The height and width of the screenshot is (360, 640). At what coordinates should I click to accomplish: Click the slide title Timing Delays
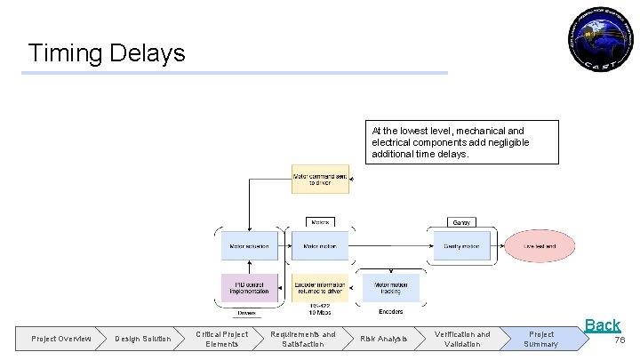[107, 52]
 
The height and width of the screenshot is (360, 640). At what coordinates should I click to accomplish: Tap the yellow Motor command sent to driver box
[320, 179]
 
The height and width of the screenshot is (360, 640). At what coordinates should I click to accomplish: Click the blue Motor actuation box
[249, 245]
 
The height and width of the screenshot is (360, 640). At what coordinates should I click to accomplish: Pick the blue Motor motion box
[320, 245]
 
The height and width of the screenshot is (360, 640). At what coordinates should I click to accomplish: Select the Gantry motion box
[461, 245]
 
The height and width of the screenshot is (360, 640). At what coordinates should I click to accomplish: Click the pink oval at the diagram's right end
[540, 246]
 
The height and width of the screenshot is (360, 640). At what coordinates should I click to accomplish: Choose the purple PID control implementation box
[249, 288]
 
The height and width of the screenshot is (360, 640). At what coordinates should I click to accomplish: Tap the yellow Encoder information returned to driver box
[320, 288]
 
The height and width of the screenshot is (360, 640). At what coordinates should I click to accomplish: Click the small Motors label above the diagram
[320, 221]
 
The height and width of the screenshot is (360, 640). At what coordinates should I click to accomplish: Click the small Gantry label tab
[461, 221]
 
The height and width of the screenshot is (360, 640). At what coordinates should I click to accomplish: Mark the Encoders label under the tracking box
[390, 312]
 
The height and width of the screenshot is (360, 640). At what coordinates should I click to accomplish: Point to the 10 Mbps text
[320, 313]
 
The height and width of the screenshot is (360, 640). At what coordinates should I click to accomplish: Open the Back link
[602, 325]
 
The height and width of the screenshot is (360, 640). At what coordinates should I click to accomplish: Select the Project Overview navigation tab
[60, 339]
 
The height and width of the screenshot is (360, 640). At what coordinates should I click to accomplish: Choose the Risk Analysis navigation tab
[383, 339]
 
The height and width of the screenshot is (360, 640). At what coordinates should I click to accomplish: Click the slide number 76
[620, 340]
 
